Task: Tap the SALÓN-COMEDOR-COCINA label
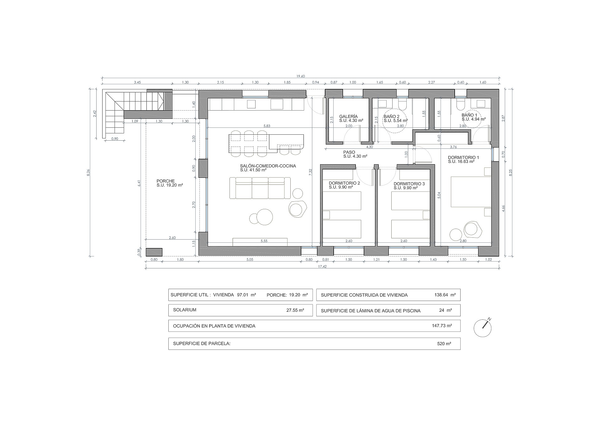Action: [268, 166]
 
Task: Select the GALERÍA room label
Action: [348, 117]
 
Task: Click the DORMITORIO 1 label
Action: [463, 158]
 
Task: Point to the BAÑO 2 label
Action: [391, 117]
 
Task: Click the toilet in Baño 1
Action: [461, 105]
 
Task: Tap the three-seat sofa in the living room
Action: [260, 188]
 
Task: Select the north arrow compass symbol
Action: [483, 328]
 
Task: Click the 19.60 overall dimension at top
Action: [300, 76]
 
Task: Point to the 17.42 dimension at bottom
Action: [323, 267]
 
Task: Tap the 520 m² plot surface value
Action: [444, 344]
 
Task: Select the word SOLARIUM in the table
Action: [185, 310]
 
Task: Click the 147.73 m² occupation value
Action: [442, 326]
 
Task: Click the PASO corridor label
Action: [349, 152]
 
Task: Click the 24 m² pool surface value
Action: [446, 310]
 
